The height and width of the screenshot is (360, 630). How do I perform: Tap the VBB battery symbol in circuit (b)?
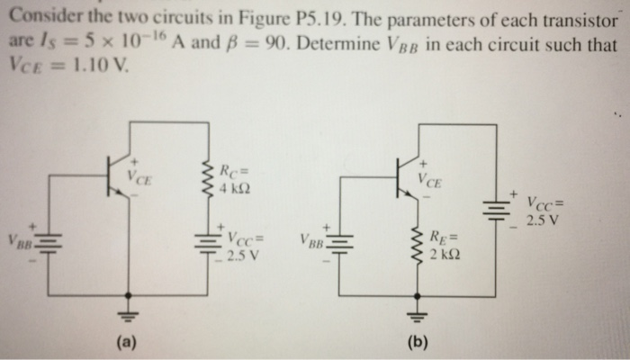[339, 244]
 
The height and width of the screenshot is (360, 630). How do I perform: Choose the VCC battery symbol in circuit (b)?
[497, 209]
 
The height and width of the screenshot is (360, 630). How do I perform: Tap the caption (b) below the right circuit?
[418, 343]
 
